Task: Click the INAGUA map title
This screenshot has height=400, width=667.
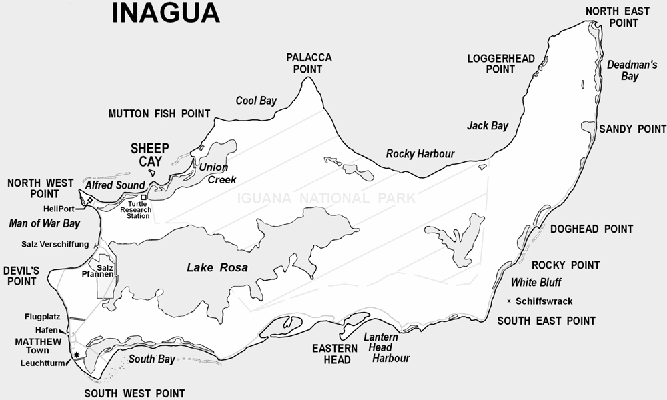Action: [165, 13]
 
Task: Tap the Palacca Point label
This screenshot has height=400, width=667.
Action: [309, 63]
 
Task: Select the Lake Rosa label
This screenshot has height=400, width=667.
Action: [217, 268]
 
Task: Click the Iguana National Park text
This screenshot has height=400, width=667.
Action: [327, 198]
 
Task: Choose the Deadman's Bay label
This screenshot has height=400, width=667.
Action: [624, 70]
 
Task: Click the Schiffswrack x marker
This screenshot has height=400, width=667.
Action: [510, 301]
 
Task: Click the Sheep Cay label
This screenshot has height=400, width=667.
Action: [150, 154]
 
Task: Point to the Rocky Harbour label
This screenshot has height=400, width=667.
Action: [420, 154]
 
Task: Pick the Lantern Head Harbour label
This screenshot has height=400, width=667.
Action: [385, 347]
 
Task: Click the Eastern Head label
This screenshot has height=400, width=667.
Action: [331, 354]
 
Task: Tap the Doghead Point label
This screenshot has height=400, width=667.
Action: [592, 229]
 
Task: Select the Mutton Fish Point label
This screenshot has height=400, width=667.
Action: [159, 114]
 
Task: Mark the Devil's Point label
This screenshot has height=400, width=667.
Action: [22, 276]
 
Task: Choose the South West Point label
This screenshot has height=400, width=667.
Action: [134, 393]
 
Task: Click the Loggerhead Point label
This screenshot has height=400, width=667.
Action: [500, 63]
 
